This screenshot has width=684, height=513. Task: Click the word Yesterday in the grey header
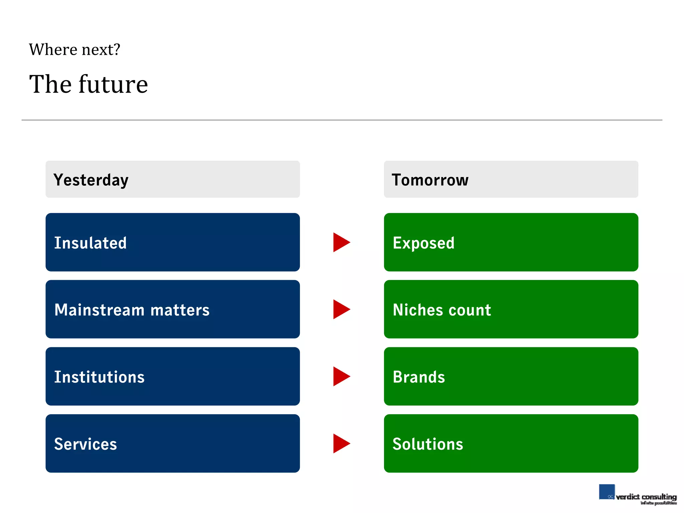[x=91, y=180]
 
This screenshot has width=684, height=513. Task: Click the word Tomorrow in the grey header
[x=430, y=180]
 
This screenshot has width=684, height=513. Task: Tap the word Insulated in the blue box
[x=91, y=243]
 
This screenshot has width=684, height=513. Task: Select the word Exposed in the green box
[x=423, y=243]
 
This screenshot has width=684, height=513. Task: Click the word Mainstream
[x=99, y=310]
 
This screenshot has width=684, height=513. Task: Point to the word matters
[x=180, y=310]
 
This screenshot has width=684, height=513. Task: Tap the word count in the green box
[x=470, y=310]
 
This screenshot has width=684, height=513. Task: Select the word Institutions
[x=99, y=377]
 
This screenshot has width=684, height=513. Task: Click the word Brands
[x=419, y=377]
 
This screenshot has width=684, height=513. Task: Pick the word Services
[x=85, y=444]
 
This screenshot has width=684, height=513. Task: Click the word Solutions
[x=428, y=444]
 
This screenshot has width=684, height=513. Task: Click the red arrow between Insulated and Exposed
[x=341, y=242]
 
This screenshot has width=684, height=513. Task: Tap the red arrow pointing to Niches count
[x=341, y=309]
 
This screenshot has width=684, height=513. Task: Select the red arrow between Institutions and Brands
[x=341, y=376]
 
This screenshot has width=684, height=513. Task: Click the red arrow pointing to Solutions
[x=341, y=444]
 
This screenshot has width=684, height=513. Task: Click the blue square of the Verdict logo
[x=607, y=492]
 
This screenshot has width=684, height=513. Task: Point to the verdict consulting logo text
[x=646, y=497]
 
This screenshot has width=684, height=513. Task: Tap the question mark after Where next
[x=117, y=49]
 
